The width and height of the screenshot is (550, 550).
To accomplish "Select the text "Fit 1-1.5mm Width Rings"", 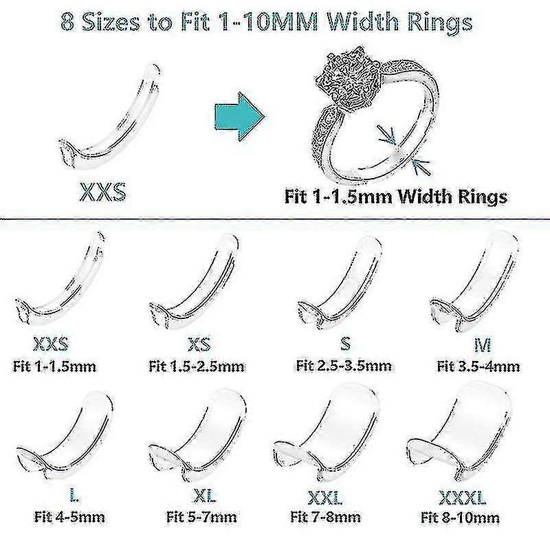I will (x=396, y=197).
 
